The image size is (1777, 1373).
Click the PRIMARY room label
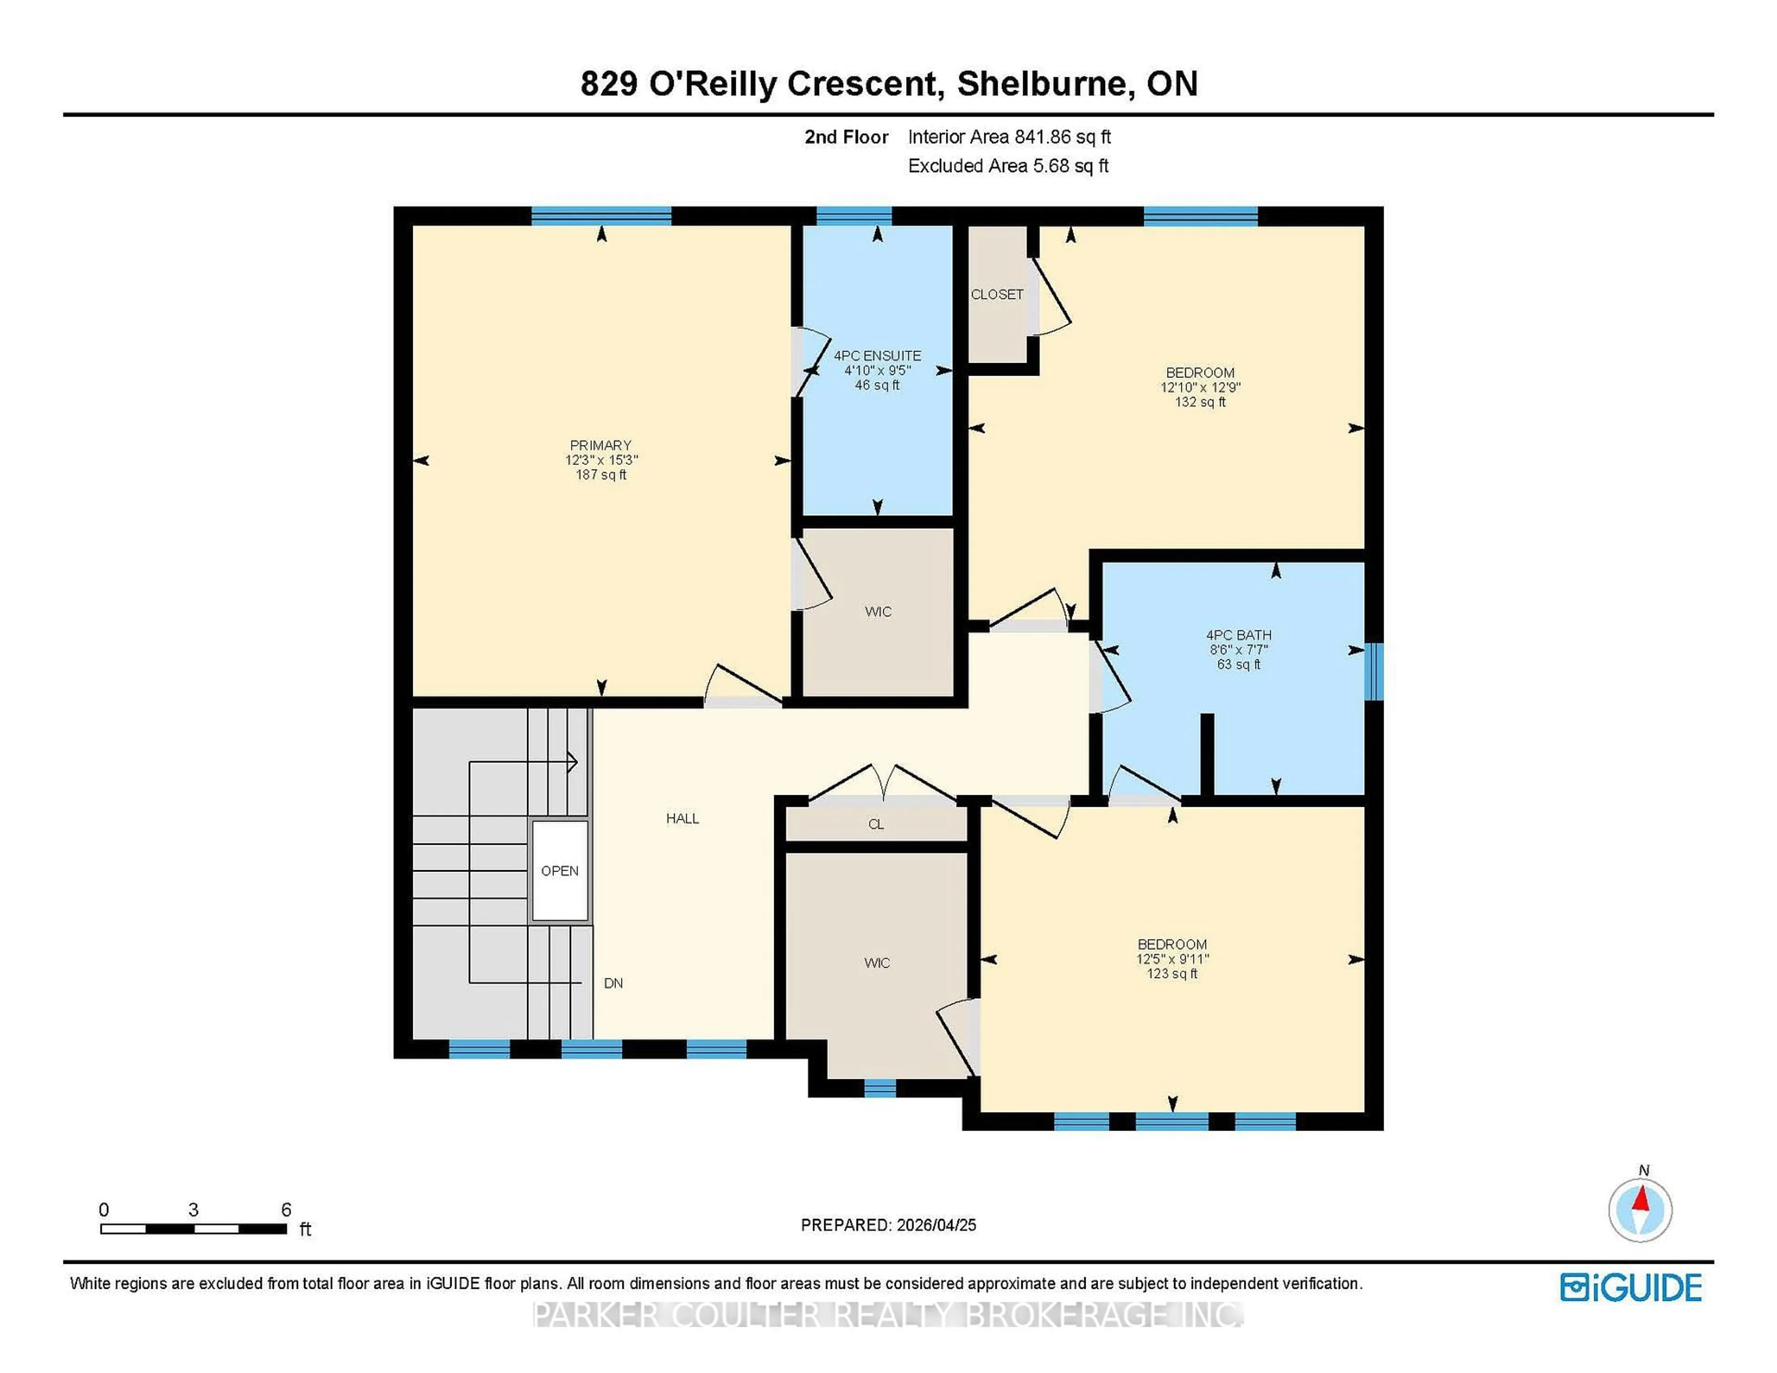coord(601,445)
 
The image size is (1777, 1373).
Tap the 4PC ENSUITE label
coord(877,355)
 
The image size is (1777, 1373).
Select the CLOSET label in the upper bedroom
coord(997,295)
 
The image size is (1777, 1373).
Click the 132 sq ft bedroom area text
coord(1200,402)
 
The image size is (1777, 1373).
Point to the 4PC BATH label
coord(1238,634)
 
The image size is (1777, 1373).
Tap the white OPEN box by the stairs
coord(560,870)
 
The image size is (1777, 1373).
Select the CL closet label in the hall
coord(876,824)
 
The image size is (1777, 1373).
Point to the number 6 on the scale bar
coord(286,1210)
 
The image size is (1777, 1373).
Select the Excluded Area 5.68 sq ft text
coord(1008,166)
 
